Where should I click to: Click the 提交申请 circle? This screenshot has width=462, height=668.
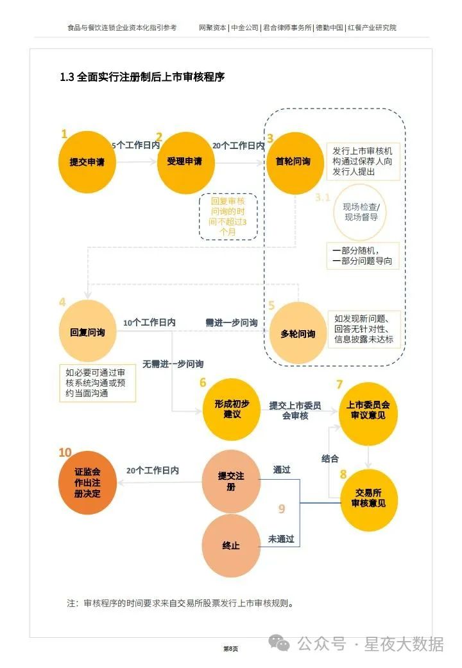pyautogui.click(x=88, y=162)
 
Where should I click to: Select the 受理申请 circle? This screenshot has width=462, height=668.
pyautogui.click(x=185, y=162)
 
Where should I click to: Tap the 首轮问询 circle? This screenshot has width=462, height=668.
pyautogui.click(x=293, y=162)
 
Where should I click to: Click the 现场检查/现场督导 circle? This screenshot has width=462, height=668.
pyautogui.click(x=361, y=212)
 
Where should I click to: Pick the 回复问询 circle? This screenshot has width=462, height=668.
pyautogui.click(x=88, y=333)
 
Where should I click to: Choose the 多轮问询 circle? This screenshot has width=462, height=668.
pyautogui.click(x=298, y=333)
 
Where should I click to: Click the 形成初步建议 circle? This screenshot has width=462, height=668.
pyautogui.click(x=231, y=409)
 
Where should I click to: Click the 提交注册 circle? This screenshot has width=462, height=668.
pyautogui.click(x=231, y=481)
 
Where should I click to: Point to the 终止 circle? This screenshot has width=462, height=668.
pyautogui.click(x=231, y=545)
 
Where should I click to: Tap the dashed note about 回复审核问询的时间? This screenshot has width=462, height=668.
pyautogui.click(x=228, y=216)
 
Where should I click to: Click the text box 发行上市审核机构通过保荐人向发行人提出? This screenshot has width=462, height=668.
pyautogui.click(x=363, y=161)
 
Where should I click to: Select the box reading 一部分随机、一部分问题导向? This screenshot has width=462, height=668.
pyautogui.click(x=363, y=256)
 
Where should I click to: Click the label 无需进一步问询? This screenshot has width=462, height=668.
pyautogui.click(x=173, y=364)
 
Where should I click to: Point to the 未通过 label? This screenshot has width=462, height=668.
pyautogui.click(x=281, y=540)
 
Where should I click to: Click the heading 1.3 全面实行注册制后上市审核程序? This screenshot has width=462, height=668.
pyautogui.click(x=142, y=77)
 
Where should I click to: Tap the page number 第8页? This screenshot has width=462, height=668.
pyautogui.click(x=230, y=649)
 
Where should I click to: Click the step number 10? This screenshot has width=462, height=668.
pyautogui.click(x=65, y=453)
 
